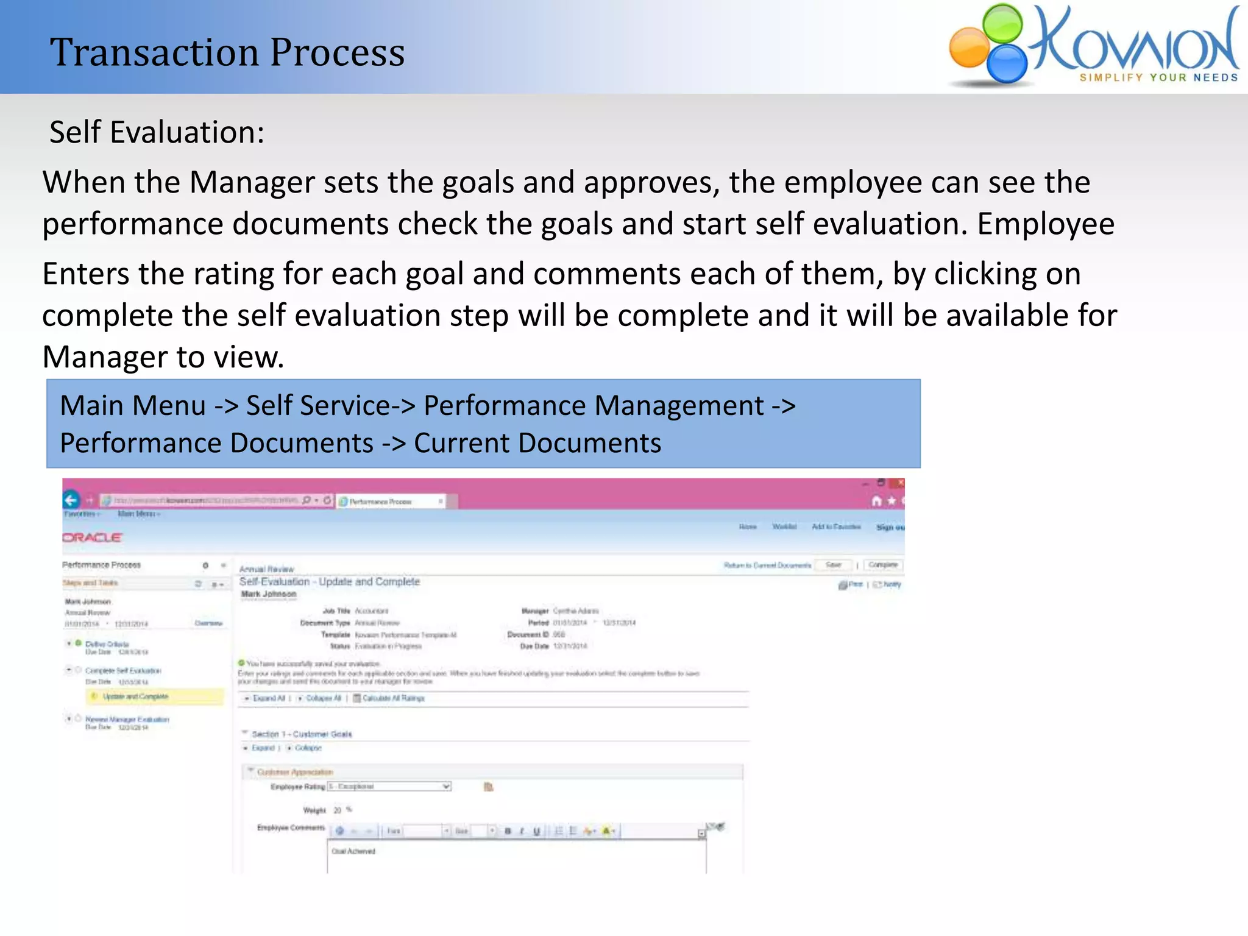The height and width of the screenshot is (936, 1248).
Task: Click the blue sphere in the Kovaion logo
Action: [1007, 63]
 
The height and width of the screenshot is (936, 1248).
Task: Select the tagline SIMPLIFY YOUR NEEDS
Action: [1158, 77]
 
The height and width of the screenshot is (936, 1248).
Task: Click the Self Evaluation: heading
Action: [157, 132]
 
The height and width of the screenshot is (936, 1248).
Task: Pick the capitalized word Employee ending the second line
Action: [1046, 224]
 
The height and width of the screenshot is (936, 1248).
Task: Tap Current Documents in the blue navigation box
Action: [537, 443]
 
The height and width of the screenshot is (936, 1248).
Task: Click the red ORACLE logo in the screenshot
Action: [92, 537]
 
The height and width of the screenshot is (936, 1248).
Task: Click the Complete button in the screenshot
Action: [882, 565]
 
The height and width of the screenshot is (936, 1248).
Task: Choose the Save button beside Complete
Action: [833, 565]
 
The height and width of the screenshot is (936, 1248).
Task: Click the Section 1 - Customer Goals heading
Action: [302, 734]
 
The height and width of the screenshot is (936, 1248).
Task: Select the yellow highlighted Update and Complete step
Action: [135, 697]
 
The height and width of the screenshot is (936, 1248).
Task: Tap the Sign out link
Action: [890, 527]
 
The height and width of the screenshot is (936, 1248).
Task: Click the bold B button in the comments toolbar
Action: [508, 831]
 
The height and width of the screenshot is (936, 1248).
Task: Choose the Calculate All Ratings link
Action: [393, 698]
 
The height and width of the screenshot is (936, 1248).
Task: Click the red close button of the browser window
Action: [898, 483]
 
